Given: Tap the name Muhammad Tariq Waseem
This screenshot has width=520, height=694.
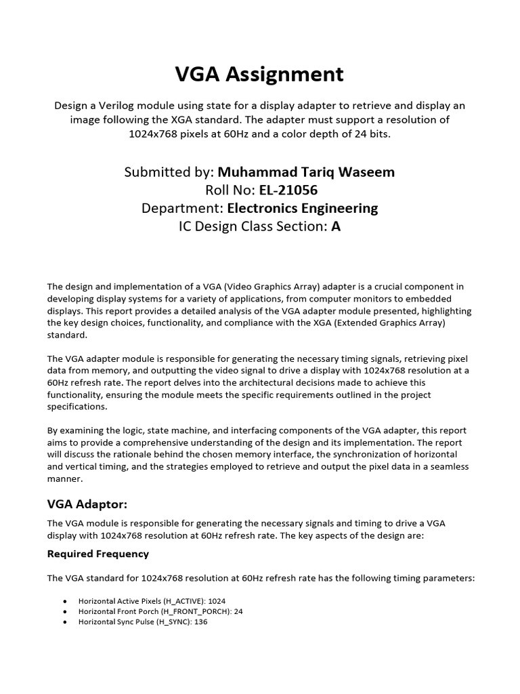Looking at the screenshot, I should [x=306, y=172].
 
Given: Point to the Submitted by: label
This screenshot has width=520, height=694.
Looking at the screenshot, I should [x=169, y=172].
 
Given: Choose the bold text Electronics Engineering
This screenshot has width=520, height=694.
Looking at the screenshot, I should [x=303, y=208].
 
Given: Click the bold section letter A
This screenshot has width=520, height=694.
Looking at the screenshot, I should [x=336, y=226].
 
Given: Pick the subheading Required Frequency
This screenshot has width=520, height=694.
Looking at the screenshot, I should [x=98, y=554].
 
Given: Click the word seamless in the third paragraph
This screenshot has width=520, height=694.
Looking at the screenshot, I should [x=437, y=466].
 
